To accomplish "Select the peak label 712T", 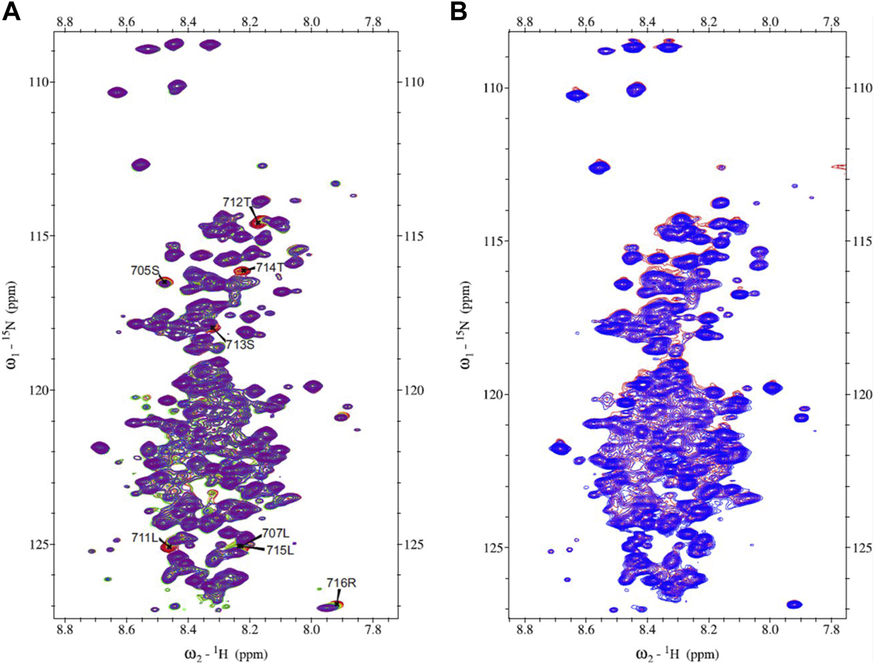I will click(x=237, y=202).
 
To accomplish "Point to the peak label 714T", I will click(x=270, y=267).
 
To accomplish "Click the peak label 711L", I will click(x=144, y=538).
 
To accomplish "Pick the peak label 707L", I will click(x=275, y=533).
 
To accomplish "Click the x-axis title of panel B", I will click(x=677, y=654).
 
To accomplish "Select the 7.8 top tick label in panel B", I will click(x=831, y=21).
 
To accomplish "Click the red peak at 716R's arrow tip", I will click(x=338, y=604).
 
